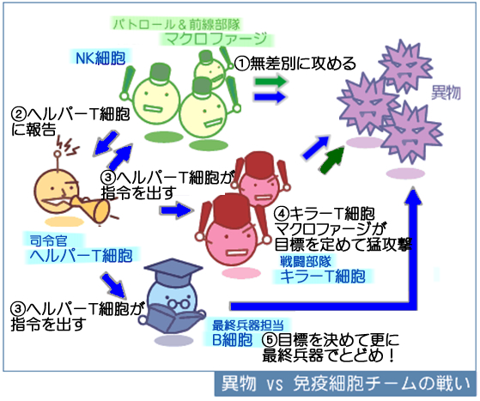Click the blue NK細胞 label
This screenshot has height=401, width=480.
pyautogui.click(x=100, y=58)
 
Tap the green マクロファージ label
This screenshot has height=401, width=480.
pyautogui.click(x=216, y=39)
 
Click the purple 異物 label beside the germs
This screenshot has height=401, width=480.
pyautogui.click(x=446, y=92)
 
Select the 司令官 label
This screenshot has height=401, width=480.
pyautogui.click(x=49, y=241)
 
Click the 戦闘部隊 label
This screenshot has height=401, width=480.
pyautogui.click(x=306, y=261)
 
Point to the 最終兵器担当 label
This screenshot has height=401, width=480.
pyautogui.click(x=248, y=325)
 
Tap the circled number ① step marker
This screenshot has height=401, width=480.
pyautogui.click(x=242, y=64)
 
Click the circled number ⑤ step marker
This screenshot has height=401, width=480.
pyautogui.click(x=270, y=339)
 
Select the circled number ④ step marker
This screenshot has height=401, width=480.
pyautogui.click(x=282, y=214)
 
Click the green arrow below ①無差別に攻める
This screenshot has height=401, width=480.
pyautogui.click(x=271, y=82)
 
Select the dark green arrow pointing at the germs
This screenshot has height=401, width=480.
pyautogui.click(x=332, y=160)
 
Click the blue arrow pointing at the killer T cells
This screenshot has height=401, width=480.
pyautogui.click(x=177, y=210)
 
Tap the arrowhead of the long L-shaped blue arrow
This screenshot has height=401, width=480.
pyautogui.click(x=414, y=196)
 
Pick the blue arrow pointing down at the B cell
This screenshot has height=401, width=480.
pyautogui.click(x=114, y=285)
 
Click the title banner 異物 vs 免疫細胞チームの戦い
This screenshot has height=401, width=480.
pyautogui.click(x=345, y=384)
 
